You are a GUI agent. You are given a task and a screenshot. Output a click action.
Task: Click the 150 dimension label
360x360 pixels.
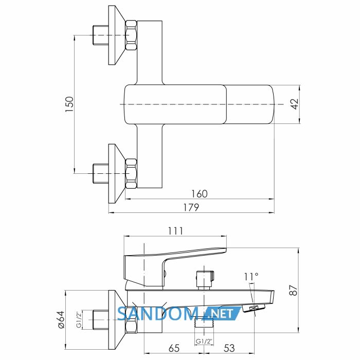(x=69, y=104)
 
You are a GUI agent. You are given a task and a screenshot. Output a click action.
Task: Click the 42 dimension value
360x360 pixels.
(x=295, y=104)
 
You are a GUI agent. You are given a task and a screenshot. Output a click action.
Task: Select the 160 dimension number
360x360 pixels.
(x=200, y=194)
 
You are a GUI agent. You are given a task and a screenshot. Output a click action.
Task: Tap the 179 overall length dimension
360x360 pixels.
(x=191, y=207)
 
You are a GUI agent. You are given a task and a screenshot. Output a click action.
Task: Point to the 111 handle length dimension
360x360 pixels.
(x=175, y=231)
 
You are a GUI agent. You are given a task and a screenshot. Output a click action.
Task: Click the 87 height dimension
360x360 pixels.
(x=294, y=290)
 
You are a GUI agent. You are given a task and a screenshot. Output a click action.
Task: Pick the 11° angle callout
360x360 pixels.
(x=251, y=277)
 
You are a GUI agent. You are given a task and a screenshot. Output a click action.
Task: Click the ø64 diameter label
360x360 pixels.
(x=61, y=320)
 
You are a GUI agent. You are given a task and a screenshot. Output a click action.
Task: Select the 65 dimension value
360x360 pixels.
(x=174, y=348)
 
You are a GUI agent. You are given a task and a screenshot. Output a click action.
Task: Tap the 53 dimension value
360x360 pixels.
(x=229, y=348)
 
